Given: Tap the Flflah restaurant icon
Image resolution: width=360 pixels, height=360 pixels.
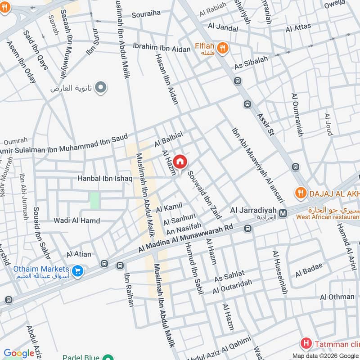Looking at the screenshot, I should (221, 47).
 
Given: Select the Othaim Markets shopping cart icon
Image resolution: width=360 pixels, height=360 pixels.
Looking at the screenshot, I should (78, 271).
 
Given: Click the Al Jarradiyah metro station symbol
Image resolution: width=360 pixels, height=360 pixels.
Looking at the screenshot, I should (283, 213).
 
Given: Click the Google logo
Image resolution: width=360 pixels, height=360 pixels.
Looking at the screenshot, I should (18, 353).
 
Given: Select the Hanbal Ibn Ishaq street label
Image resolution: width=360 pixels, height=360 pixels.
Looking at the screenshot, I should (105, 179).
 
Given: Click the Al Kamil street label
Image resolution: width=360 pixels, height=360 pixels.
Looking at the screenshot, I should (169, 207).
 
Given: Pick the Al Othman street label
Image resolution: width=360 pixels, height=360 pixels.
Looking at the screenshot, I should (337, 297).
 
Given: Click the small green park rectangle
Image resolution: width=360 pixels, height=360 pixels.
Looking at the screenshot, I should (94, 200).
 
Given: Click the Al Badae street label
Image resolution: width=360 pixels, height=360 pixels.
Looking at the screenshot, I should (309, 270).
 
